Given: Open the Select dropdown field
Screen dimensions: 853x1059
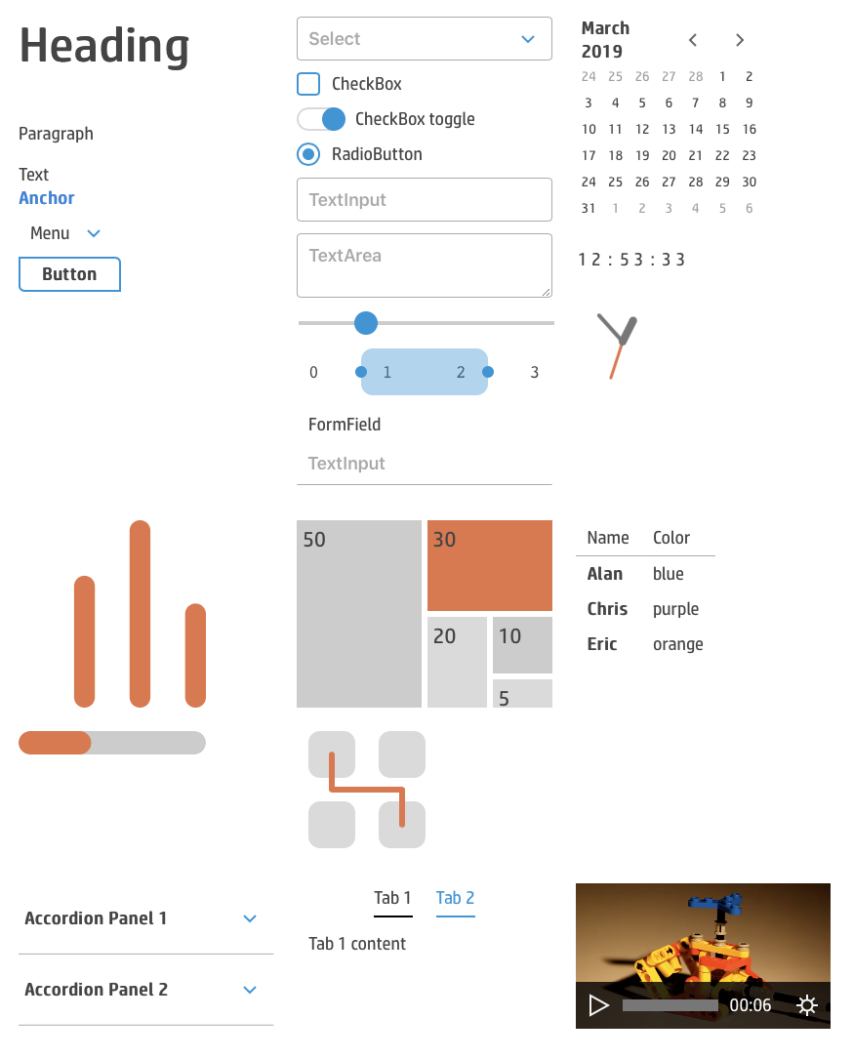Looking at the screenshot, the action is coord(425,38).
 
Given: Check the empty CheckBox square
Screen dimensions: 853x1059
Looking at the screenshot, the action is coord(308,84).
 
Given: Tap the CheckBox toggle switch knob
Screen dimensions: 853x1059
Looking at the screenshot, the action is coord(334,119).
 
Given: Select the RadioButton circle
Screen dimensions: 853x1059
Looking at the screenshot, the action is coord(308,154).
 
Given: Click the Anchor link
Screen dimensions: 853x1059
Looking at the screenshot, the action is coord(47,198).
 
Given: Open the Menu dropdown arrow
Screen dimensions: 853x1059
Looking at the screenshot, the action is coord(94,233).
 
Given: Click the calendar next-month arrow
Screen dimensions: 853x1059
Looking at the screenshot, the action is coord(740,40).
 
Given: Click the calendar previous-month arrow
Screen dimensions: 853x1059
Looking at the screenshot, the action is coord(693,40).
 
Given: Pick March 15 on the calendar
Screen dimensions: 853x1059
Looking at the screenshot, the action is coord(722,129).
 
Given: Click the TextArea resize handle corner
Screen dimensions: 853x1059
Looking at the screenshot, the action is coord(547,292).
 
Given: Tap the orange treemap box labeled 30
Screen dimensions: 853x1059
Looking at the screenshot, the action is coord(490,565).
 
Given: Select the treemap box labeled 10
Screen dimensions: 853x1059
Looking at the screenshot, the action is coord(523,645).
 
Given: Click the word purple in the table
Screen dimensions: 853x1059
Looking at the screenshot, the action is coord(675,609).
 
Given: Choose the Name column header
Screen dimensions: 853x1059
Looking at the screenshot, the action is coord(608,538).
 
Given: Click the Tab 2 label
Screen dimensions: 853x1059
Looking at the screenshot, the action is coord(455,898).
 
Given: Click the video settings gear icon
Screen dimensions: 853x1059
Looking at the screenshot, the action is coord(807,1005).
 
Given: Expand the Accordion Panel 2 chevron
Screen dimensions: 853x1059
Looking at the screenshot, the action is coord(250,990).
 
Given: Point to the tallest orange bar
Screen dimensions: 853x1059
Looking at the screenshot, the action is coord(140,614).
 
